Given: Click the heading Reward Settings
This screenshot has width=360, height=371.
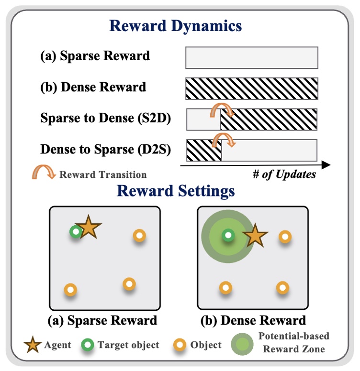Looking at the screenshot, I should [x=176, y=191].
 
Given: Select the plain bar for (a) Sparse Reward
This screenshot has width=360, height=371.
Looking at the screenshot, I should [x=251, y=57].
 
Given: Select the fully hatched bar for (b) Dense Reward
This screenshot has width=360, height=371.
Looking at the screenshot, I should [x=251, y=88].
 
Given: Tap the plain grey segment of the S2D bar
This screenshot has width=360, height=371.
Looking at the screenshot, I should [x=202, y=120].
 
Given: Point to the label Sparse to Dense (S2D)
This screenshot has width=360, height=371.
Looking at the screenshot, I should [x=106, y=118].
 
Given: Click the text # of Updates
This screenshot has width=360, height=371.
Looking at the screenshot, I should [x=284, y=174].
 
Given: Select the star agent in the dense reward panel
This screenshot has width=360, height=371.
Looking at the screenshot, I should [x=255, y=236].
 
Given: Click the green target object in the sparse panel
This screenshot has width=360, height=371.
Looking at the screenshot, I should [x=75, y=232].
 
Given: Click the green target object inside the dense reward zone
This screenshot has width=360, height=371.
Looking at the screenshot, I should [x=228, y=235].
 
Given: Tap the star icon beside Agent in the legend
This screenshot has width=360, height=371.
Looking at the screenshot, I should [x=33, y=345].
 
